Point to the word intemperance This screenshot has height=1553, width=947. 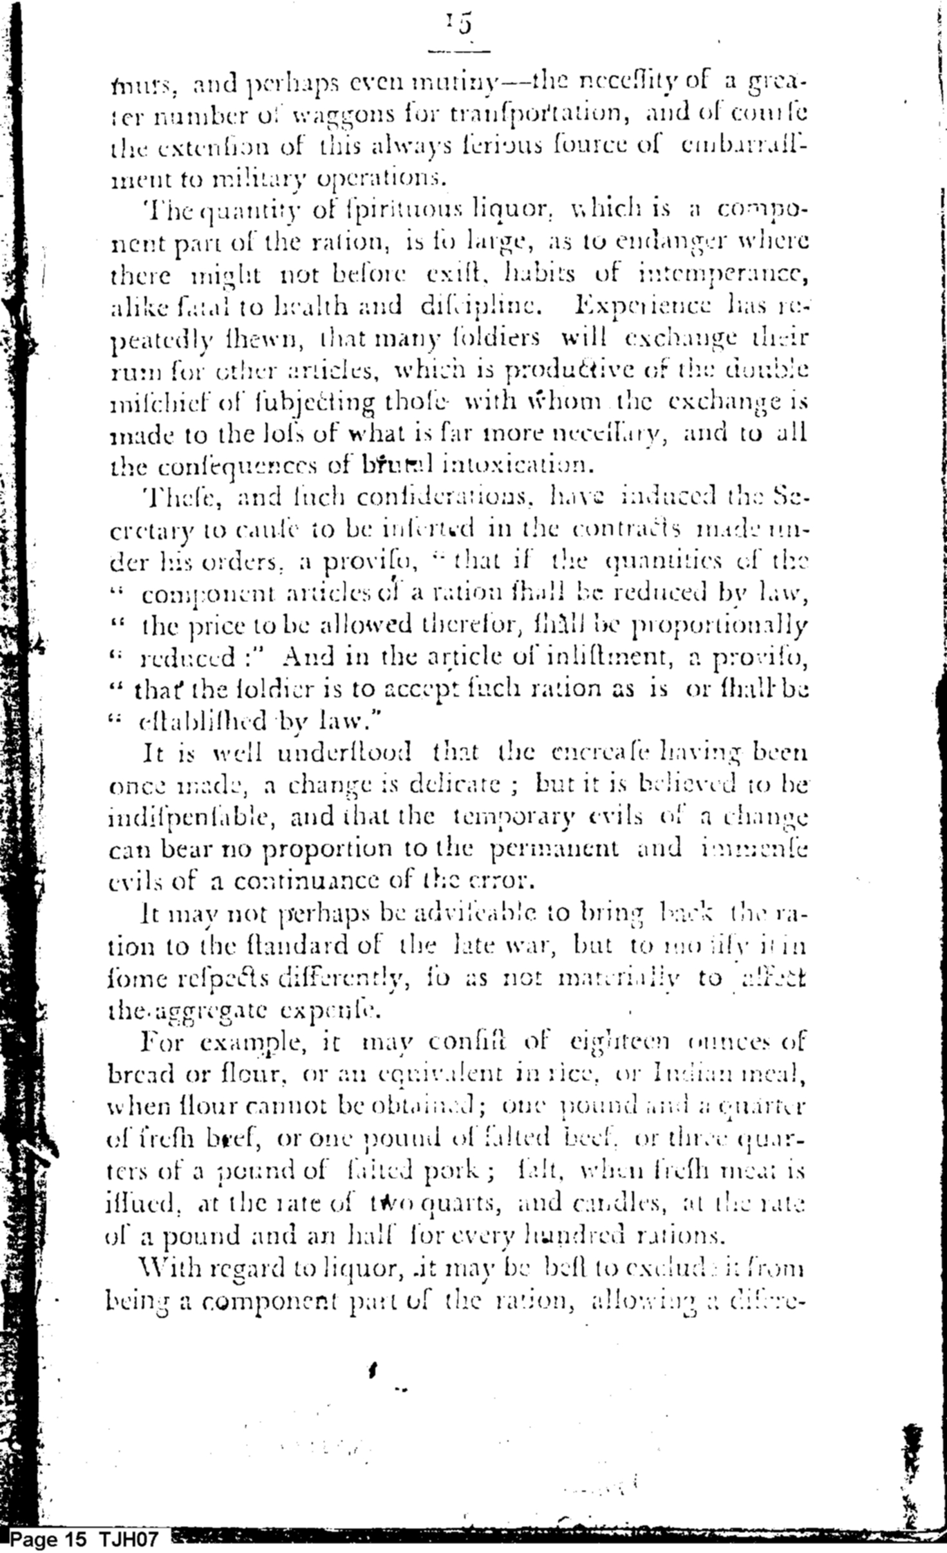click(722, 275)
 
